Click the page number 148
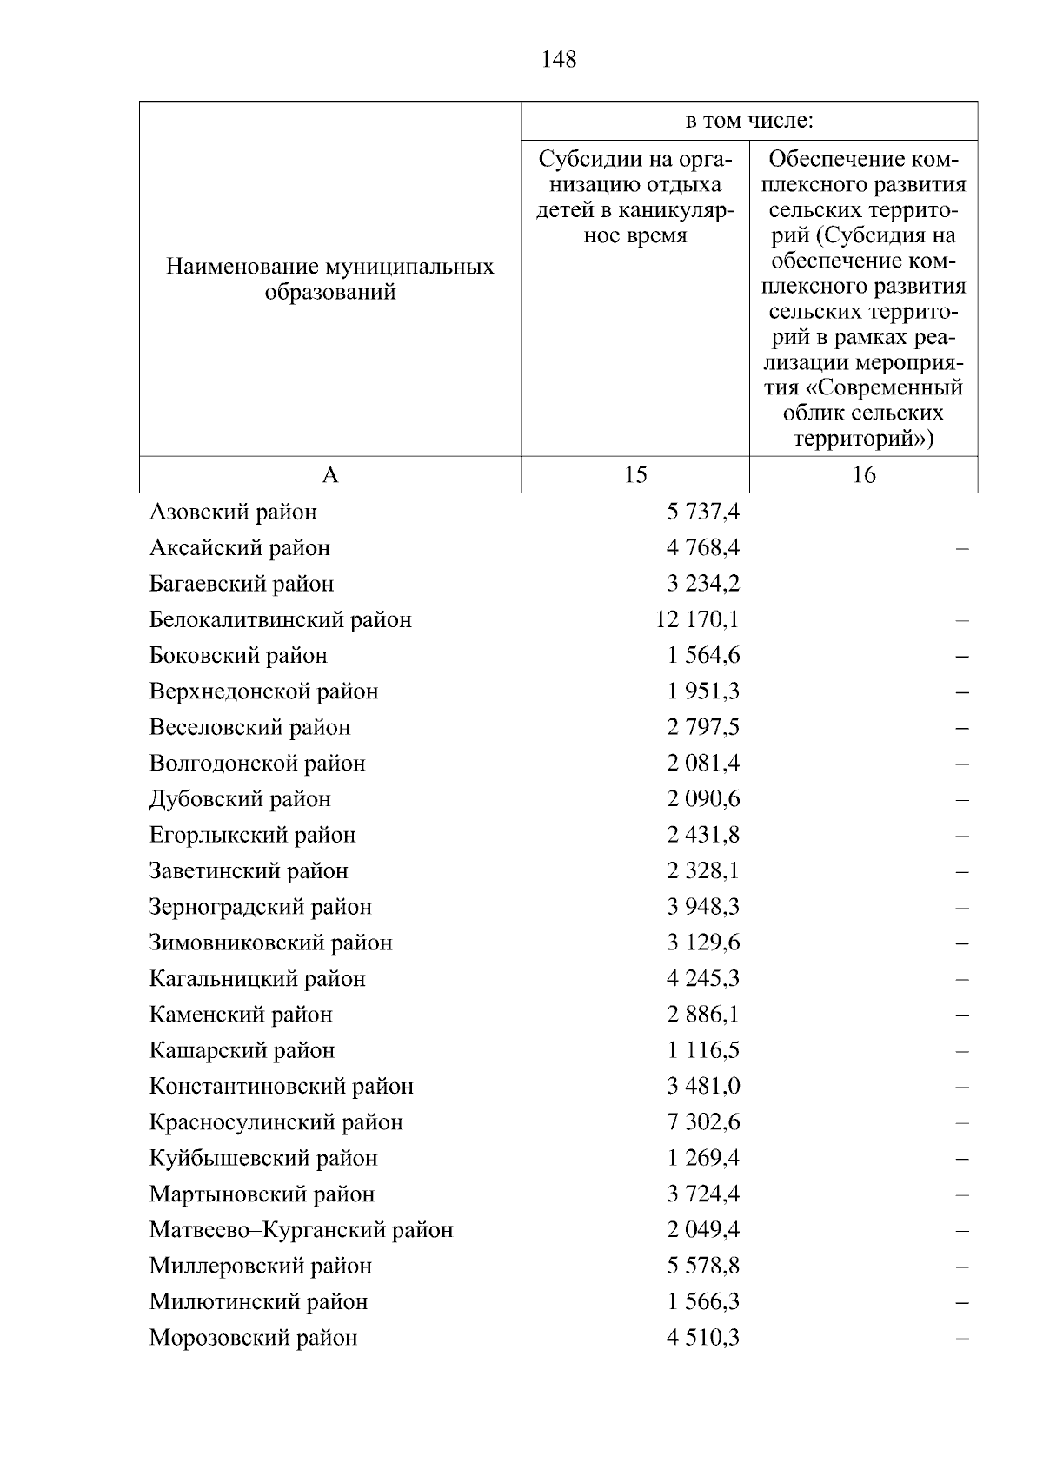(x=558, y=60)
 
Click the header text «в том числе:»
(x=748, y=122)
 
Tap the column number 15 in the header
(x=635, y=474)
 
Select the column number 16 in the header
(x=864, y=474)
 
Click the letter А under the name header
(x=330, y=474)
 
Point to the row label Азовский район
(x=233, y=512)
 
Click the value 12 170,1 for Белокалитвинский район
(x=698, y=619)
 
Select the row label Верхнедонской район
(x=263, y=691)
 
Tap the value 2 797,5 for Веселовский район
(x=703, y=727)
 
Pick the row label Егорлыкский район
(x=252, y=835)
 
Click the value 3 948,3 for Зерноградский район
(x=703, y=907)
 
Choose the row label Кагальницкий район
(x=257, y=979)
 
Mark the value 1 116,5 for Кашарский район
(x=703, y=1050)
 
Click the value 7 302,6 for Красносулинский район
(x=703, y=1122)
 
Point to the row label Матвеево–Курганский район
(x=301, y=1230)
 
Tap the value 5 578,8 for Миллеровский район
(x=703, y=1266)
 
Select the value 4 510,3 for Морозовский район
(x=703, y=1338)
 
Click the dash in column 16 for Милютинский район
(x=961, y=1303)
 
